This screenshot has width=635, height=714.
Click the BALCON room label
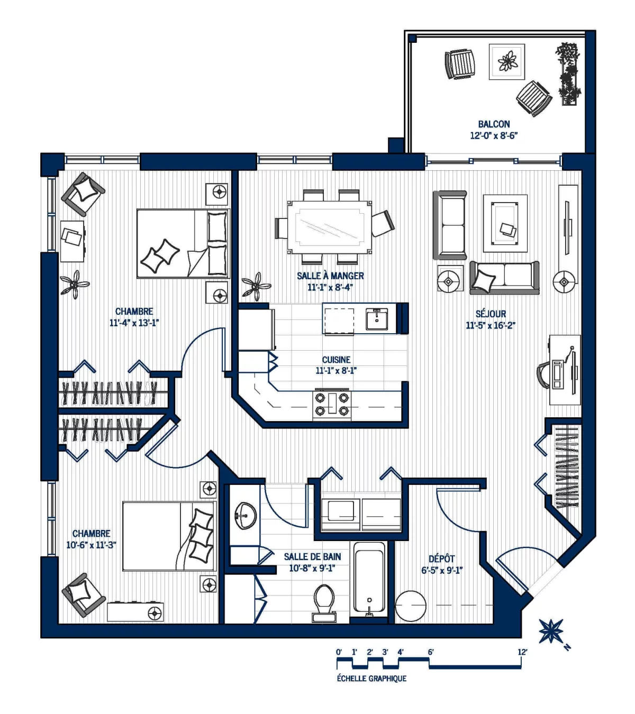494,124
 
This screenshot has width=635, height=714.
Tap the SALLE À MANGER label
330,276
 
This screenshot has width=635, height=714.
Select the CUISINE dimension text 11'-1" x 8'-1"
336,371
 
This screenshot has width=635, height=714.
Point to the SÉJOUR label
491,314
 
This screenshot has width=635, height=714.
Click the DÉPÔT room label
442,559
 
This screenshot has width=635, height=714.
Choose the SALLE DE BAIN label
312,556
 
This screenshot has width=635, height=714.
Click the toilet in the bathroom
324,602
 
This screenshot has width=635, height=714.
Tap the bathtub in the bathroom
369,579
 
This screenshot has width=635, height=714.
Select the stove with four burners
332,404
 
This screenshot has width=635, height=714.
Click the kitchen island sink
376,319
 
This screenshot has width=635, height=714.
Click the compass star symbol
550,631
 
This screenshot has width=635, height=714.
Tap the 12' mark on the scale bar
522,652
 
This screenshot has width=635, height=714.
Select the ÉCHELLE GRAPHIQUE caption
371,679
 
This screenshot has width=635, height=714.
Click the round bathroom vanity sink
245,515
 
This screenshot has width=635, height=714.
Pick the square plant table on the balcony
507,61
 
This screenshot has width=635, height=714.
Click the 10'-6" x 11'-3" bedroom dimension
91,545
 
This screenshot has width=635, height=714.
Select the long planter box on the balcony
568,74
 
